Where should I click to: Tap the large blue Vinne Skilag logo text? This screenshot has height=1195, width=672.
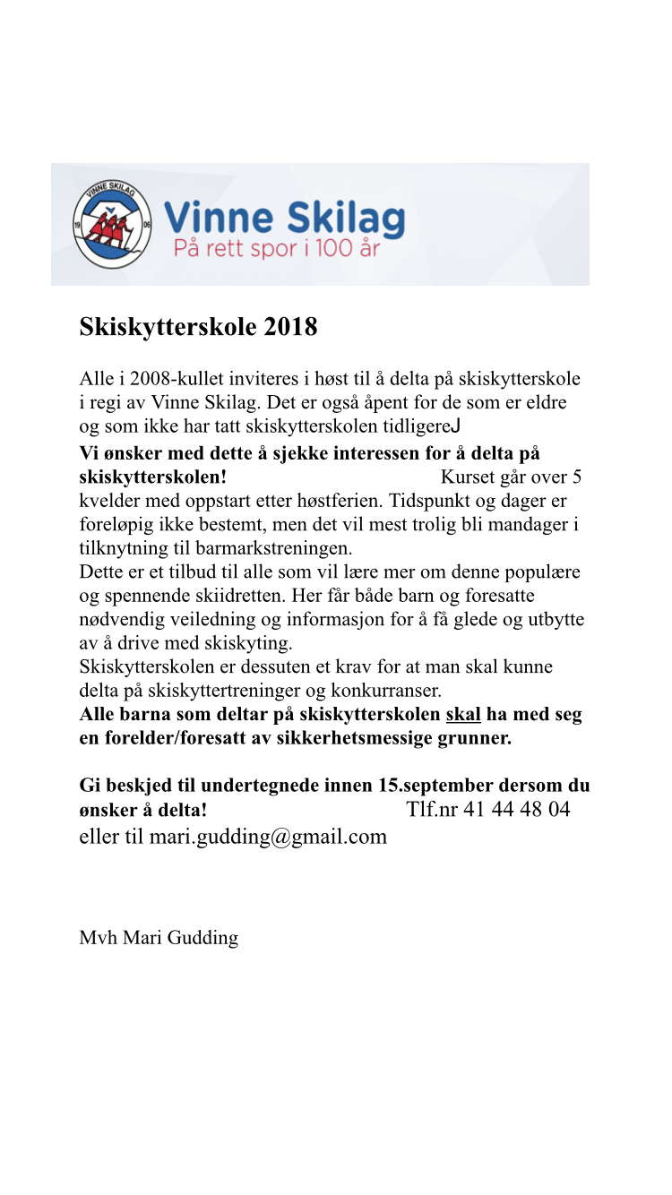[285, 218]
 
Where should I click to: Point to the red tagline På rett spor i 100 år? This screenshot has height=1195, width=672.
[276, 249]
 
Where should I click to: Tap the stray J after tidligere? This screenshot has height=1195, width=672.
[456, 426]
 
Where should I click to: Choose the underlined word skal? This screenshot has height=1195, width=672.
[463, 715]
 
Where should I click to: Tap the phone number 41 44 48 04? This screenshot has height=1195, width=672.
[516, 810]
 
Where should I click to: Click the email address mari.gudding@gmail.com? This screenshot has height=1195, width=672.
[268, 837]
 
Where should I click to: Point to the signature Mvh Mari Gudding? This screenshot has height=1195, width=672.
[159, 938]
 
